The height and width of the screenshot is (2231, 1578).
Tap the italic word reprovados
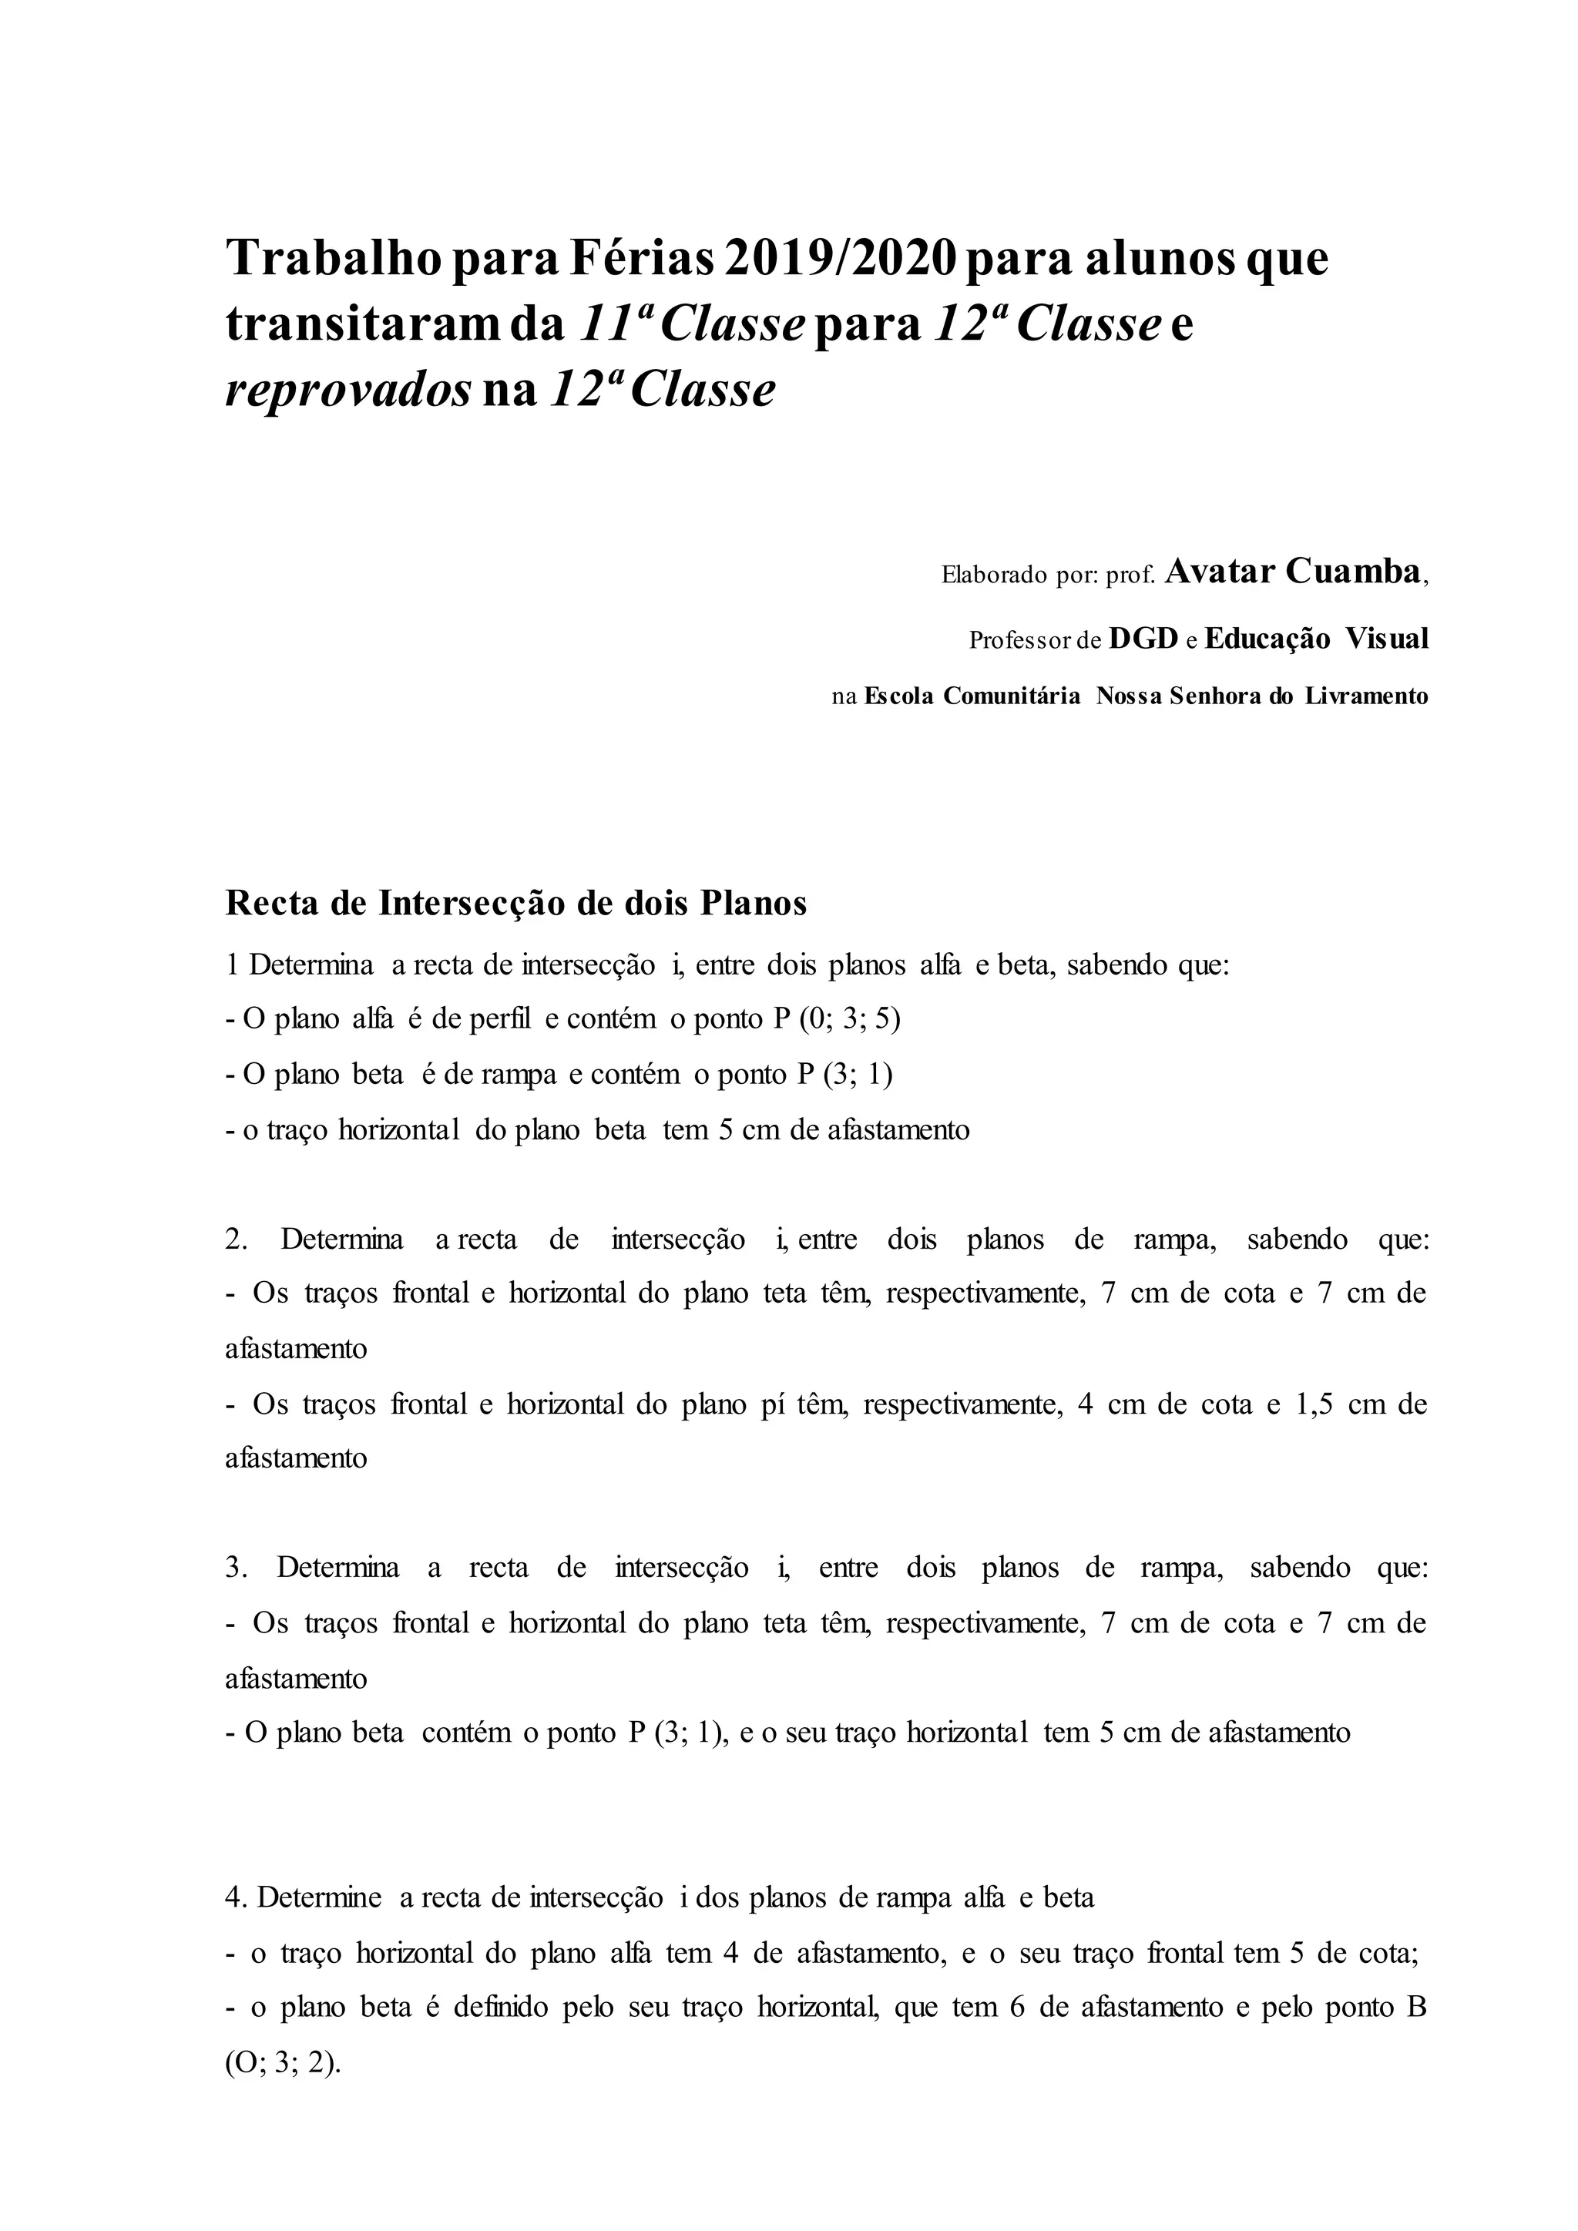click(x=347, y=391)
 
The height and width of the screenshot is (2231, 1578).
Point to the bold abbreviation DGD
click(x=1143, y=639)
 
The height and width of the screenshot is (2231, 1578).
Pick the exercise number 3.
click(x=236, y=1568)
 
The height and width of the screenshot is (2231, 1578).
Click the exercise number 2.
click(x=236, y=1240)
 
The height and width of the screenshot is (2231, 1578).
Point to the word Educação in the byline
click(x=1267, y=639)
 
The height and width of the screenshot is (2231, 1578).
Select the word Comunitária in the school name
click(x=1012, y=696)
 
